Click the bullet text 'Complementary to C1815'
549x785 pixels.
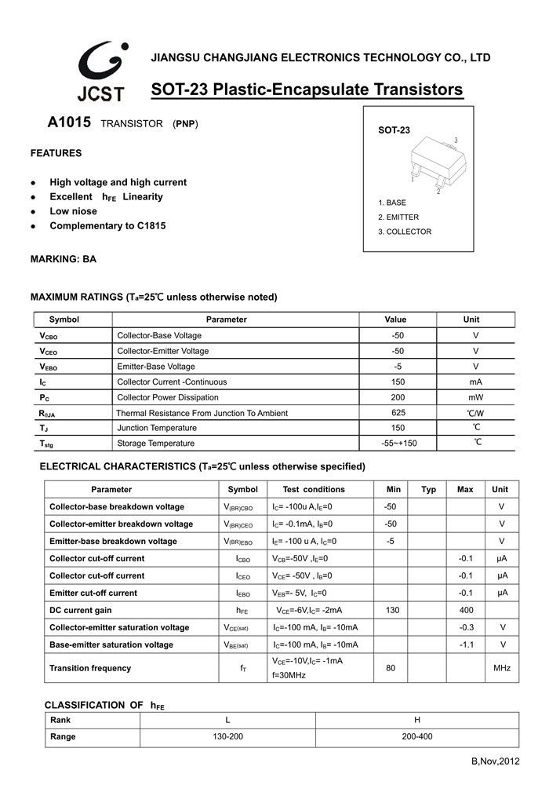[107, 226]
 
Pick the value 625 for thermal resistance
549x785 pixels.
[398, 413]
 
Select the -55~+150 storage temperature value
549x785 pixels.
[398, 444]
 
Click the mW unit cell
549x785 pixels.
[476, 397]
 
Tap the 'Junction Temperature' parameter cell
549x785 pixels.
[157, 428]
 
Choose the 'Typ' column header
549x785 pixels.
[428, 489]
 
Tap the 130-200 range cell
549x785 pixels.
[227, 736]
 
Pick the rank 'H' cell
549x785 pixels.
[416, 720]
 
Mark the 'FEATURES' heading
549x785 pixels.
[56, 153]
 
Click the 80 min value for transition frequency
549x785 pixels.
[391, 668]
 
